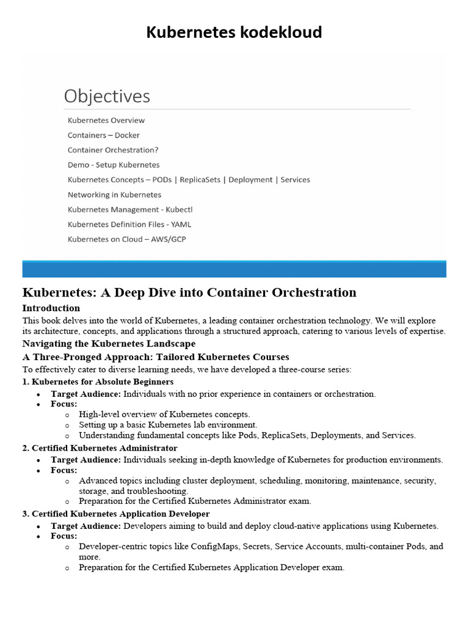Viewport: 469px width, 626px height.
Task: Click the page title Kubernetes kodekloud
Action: pos(234,32)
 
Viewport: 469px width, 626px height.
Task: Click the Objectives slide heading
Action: pos(107,96)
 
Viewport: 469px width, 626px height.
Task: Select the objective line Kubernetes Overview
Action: pos(106,120)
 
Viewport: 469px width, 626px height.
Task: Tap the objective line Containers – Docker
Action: pos(104,135)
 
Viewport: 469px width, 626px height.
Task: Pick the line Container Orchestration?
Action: pos(113,150)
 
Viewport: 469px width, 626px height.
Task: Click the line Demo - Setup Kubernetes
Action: pos(114,165)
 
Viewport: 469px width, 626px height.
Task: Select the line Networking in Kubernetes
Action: pos(114,194)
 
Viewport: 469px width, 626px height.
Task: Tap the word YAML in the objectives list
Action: pos(181,224)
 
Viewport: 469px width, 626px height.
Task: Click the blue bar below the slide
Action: pos(234,269)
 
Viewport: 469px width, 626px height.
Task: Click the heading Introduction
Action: pos(51,308)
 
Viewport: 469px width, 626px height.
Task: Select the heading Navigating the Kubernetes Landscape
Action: pos(109,344)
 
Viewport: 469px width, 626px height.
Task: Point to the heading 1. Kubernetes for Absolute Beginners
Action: pos(98,381)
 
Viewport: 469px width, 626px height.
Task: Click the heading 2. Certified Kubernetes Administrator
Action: pos(100,448)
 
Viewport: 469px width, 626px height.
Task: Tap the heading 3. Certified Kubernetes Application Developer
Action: pos(116,514)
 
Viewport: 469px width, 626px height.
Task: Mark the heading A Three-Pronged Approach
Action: pos(156,357)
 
